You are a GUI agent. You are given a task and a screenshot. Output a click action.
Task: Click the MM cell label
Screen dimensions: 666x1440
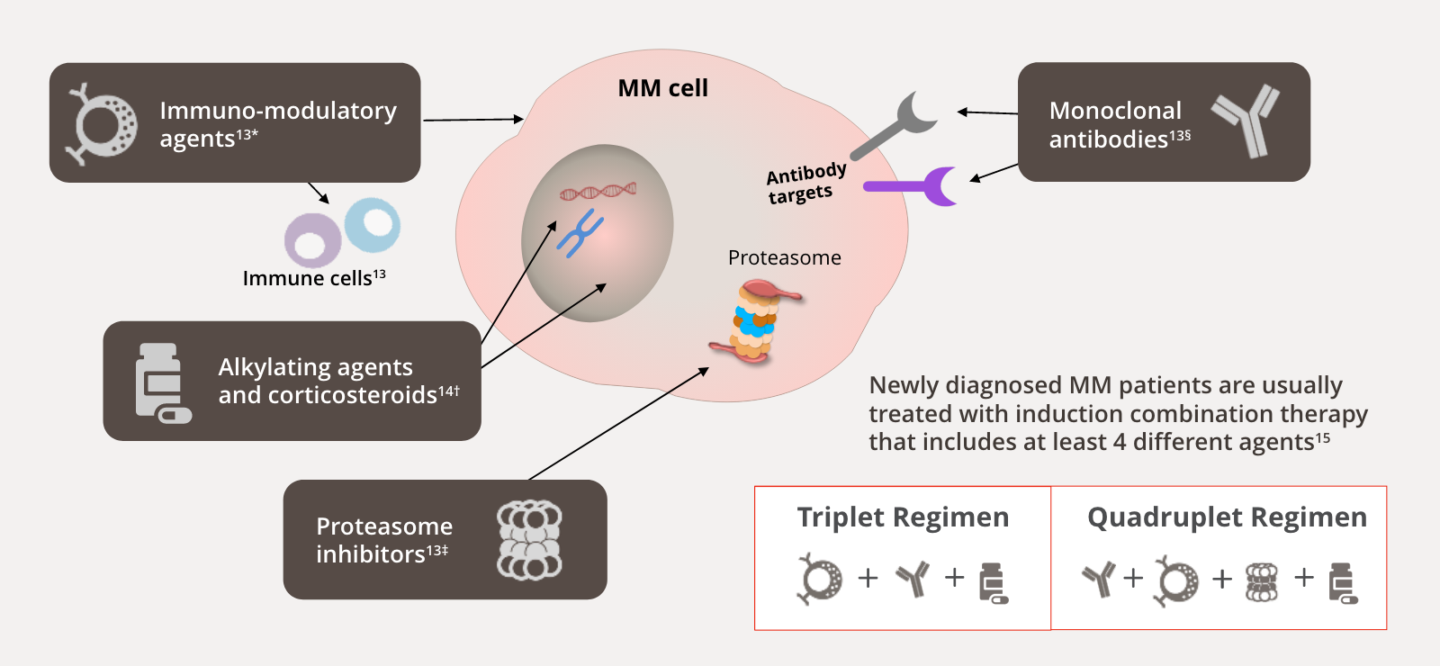(x=662, y=88)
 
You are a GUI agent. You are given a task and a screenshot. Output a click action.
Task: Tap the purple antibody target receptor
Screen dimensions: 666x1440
(x=918, y=186)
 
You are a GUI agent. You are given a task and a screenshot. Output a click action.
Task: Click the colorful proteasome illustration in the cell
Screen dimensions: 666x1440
(x=755, y=321)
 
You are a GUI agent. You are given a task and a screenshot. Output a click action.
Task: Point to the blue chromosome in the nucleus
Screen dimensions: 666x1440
(x=580, y=232)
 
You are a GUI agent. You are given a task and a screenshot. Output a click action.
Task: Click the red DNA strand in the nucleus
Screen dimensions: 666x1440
(x=598, y=191)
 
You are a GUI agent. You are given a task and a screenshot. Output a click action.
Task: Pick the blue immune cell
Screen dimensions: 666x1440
(x=372, y=224)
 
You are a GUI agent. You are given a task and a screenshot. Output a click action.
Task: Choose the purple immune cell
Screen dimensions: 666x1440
(x=312, y=240)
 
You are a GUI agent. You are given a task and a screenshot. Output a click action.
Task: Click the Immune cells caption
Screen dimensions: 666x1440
(x=314, y=278)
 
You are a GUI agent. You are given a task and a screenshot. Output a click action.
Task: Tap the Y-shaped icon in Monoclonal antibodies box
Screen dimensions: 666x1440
(x=1247, y=121)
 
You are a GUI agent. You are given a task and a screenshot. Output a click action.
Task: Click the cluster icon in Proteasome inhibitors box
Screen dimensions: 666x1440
(x=529, y=540)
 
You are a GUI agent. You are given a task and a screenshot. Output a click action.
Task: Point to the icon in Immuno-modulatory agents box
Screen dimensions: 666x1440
(x=102, y=123)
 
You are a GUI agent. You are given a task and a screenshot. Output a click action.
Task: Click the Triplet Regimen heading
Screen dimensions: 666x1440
(x=903, y=517)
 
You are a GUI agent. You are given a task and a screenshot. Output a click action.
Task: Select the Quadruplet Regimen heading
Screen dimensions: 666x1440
(x=1227, y=517)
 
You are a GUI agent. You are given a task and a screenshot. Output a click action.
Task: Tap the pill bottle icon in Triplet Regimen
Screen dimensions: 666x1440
(x=993, y=582)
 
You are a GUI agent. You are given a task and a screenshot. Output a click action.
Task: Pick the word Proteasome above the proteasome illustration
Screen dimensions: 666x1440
(x=784, y=258)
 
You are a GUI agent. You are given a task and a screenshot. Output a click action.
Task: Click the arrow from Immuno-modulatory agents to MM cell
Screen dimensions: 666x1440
(x=472, y=119)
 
